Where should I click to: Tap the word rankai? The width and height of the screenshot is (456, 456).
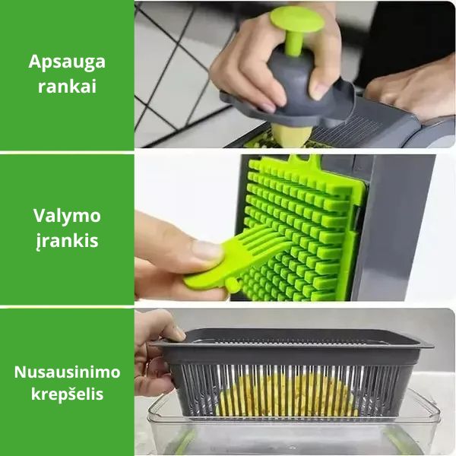click(x=67, y=87)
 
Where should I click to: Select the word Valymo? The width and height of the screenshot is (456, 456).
click(x=67, y=216)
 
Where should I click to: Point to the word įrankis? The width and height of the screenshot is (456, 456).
click(x=67, y=242)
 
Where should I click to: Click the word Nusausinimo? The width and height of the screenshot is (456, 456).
click(x=67, y=372)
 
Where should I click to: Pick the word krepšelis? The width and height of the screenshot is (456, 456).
click(x=67, y=394)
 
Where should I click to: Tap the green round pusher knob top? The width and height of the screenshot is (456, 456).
click(x=296, y=20)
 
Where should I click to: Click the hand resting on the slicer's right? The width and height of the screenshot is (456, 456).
click(x=413, y=93)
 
